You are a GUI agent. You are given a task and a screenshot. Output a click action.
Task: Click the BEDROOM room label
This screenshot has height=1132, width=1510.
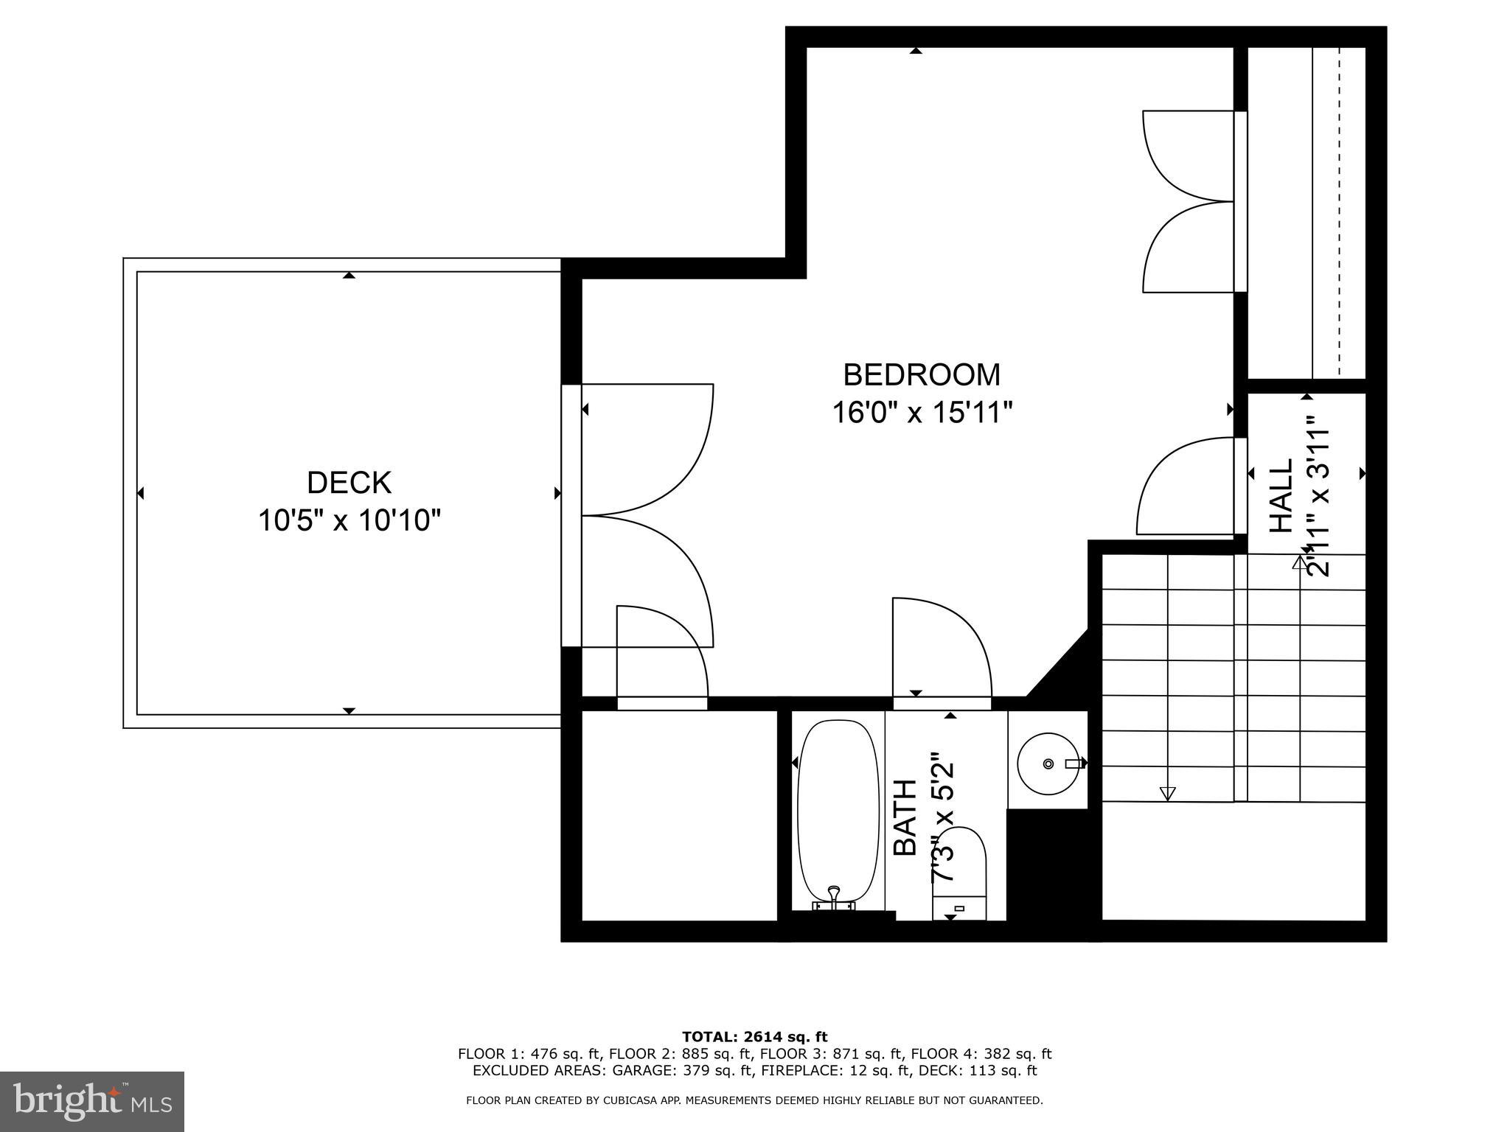click(922, 375)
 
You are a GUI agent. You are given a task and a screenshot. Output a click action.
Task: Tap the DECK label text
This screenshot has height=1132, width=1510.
click(349, 483)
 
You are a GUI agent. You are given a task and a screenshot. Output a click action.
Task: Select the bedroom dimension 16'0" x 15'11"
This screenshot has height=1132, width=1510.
click(922, 413)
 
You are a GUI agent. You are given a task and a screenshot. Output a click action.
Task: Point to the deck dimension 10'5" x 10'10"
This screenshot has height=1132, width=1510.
click(349, 521)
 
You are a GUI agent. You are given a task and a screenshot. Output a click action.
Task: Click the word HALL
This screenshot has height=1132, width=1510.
click(1281, 496)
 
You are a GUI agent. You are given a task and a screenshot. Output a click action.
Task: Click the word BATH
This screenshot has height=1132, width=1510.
click(905, 817)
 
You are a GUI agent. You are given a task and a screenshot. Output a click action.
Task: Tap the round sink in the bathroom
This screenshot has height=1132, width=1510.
click(1048, 764)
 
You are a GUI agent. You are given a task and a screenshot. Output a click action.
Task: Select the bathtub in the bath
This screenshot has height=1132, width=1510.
click(838, 811)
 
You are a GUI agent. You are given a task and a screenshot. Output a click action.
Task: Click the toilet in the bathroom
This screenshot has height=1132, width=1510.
click(959, 873)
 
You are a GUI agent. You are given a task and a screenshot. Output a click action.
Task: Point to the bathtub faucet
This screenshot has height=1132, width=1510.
click(834, 894)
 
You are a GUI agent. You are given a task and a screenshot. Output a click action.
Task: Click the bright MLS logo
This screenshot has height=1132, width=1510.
click(92, 1101)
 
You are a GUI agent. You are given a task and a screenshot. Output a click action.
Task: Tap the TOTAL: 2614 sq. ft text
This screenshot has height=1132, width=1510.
click(754, 1037)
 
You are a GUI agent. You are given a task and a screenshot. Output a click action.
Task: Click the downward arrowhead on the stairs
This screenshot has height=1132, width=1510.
click(1166, 793)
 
